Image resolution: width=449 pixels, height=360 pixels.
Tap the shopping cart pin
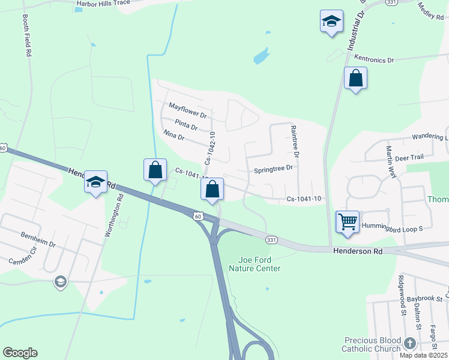(x=348, y=222)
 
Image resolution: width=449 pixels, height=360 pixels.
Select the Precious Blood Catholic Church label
(x=372, y=344)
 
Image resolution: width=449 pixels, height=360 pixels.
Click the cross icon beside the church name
(x=410, y=343)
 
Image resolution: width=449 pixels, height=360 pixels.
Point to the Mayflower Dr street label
(x=187, y=110)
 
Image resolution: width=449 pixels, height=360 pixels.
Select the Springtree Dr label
(x=273, y=169)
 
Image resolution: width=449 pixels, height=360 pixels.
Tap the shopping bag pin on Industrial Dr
(x=355, y=79)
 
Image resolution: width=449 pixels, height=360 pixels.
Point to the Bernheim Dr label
(x=38, y=241)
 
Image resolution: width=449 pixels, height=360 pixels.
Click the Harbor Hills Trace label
(x=103, y=3)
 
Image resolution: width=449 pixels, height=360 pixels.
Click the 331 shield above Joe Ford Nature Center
(x=271, y=240)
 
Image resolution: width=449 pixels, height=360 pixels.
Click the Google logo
(x=20, y=353)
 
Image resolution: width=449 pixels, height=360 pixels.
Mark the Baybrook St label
(x=423, y=298)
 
